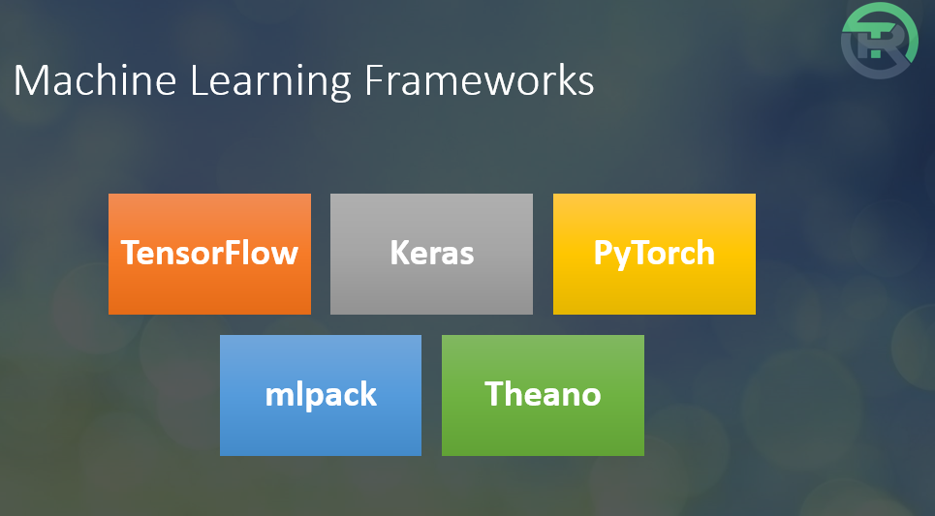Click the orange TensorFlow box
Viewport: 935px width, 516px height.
209,254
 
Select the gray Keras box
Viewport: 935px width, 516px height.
431,254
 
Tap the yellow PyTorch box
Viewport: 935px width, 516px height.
654,254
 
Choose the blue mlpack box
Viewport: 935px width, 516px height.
321,395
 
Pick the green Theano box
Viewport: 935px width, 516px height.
543,395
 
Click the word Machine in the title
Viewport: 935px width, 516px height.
95,80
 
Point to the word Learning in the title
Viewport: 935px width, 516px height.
270,82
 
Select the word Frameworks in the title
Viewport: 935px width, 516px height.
480,80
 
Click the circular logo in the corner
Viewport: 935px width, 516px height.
880,41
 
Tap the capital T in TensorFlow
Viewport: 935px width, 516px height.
130,253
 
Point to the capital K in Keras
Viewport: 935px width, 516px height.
400,253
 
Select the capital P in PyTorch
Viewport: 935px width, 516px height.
603,253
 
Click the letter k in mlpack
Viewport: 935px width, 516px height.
368,393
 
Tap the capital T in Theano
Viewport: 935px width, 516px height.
494,394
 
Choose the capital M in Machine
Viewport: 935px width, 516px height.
29,80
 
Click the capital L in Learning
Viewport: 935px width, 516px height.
200,80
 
